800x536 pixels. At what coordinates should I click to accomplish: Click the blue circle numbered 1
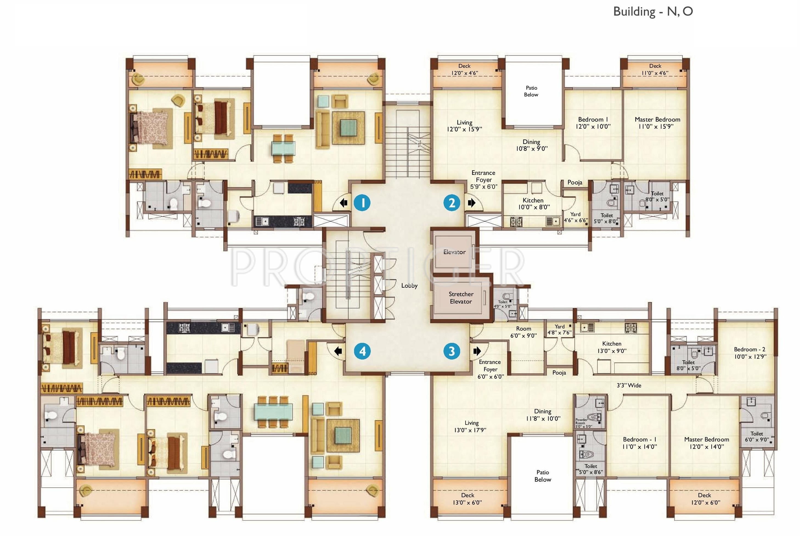click(x=362, y=203)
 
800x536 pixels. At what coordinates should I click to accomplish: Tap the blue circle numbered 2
click(x=452, y=203)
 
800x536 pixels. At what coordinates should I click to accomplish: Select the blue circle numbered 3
click(x=452, y=351)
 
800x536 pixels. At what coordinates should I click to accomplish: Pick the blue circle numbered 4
click(x=362, y=351)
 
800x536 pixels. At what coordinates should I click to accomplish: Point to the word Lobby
click(x=409, y=285)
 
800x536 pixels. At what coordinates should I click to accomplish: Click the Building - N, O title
click(x=653, y=12)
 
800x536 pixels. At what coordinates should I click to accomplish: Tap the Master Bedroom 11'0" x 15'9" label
click(x=657, y=123)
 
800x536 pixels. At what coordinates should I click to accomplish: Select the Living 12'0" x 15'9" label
click(x=464, y=126)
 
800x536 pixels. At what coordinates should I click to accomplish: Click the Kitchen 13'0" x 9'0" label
click(x=612, y=347)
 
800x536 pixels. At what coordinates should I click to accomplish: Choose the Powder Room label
click(x=581, y=421)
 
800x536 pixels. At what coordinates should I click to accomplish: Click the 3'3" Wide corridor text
click(x=629, y=385)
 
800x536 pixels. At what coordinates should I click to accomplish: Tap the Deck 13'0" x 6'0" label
click(x=467, y=499)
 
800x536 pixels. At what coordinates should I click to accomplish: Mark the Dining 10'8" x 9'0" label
click(x=531, y=145)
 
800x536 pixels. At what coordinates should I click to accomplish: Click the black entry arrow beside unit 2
click(x=472, y=203)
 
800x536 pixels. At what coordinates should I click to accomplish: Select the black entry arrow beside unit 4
click(x=338, y=351)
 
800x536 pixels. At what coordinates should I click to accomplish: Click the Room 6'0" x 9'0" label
click(x=524, y=332)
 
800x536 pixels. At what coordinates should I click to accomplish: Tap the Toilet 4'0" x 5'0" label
click(x=503, y=304)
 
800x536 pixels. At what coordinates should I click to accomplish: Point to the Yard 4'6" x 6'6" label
click(x=576, y=217)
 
